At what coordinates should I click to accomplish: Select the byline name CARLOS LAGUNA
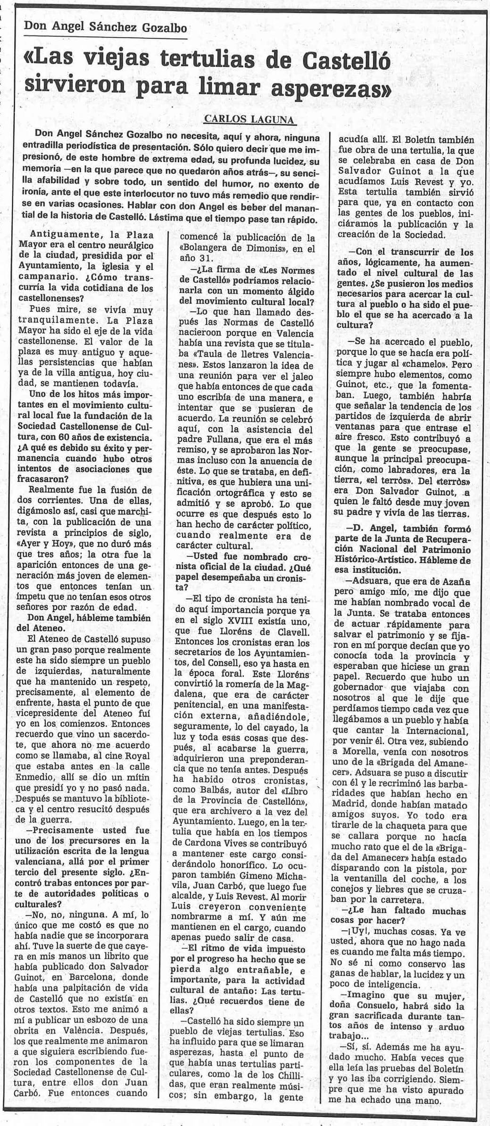[249, 120]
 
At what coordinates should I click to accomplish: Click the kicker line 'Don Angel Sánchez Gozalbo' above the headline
[105, 27]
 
